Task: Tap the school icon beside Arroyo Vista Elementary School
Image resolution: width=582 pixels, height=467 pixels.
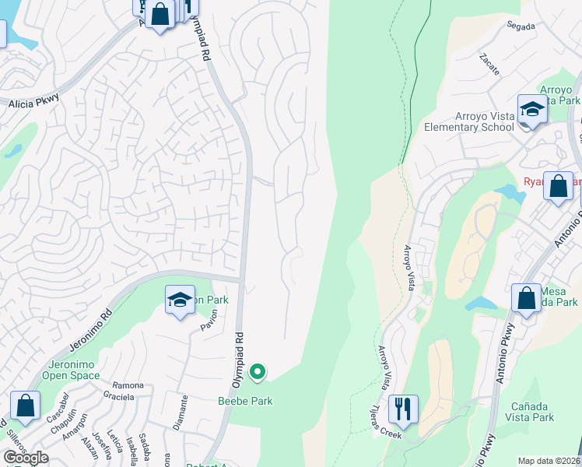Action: pyautogui.click(x=532, y=110)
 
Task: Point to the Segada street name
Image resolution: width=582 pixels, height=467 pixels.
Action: pyautogui.click(x=520, y=26)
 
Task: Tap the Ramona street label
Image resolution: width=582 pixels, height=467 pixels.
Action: pyautogui.click(x=128, y=385)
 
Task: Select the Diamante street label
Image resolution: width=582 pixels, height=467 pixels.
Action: pyautogui.click(x=183, y=413)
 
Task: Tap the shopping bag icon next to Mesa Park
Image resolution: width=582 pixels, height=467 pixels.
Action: pyautogui.click(x=526, y=298)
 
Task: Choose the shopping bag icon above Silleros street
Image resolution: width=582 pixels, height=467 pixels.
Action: pyautogui.click(x=25, y=406)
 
